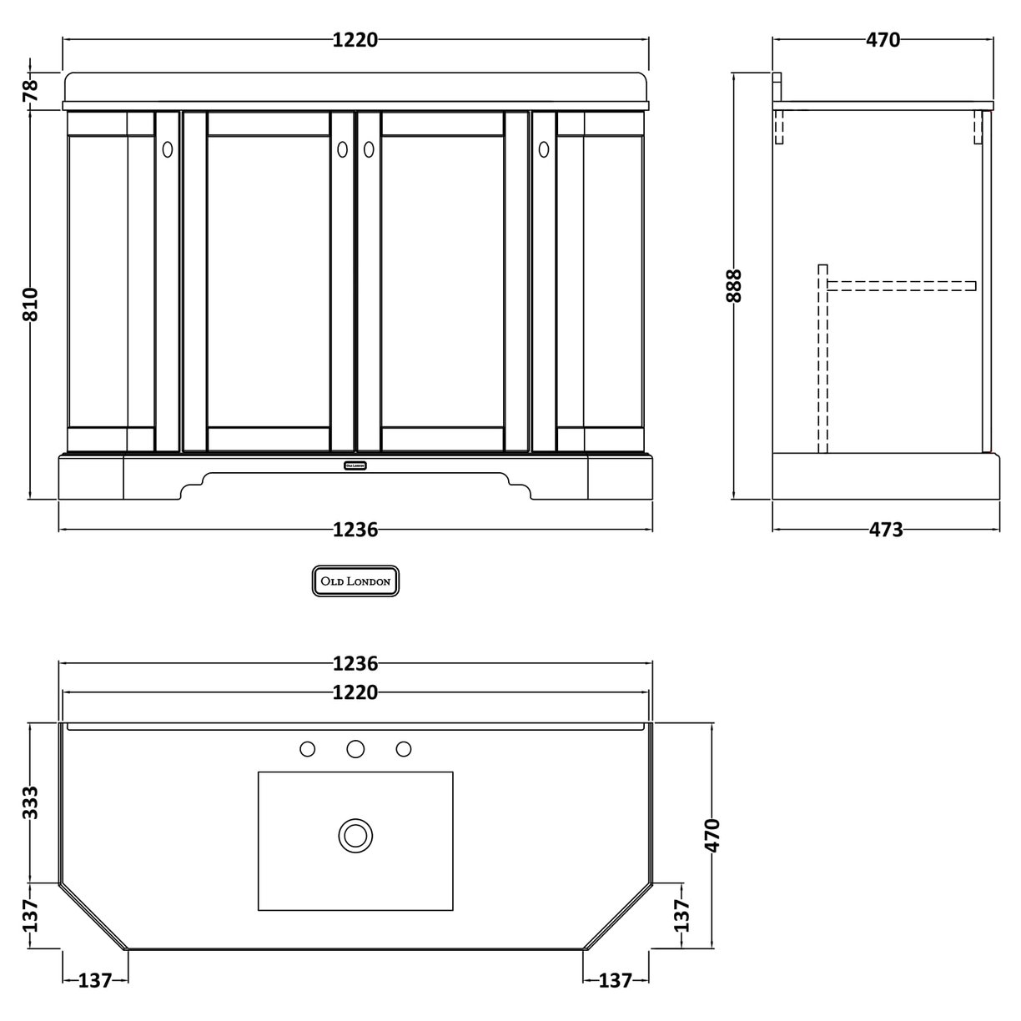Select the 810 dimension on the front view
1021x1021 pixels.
pyautogui.click(x=30, y=305)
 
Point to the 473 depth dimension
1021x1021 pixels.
pyautogui.click(x=886, y=530)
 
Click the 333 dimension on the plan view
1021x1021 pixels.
pyautogui.click(x=30, y=803)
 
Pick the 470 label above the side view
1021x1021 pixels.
pyautogui.click(x=883, y=39)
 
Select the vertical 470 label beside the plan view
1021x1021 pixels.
pyautogui.click(x=712, y=835)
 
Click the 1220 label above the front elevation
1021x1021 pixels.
pyautogui.click(x=355, y=39)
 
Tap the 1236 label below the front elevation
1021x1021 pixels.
pyautogui.click(x=355, y=530)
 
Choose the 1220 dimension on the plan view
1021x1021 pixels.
pyautogui.click(x=355, y=692)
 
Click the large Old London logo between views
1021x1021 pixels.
pyautogui.click(x=356, y=581)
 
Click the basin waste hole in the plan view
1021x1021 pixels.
pyautogui.click(x=355, y=835)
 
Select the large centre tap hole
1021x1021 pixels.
pyautogui.click(x=355, y=749)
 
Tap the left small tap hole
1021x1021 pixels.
pyautogui.click(x=307, y=749)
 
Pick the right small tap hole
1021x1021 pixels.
pyautogui.click(x=404, y=749)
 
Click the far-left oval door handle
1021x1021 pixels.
pyautogui.click(x=167, y=149)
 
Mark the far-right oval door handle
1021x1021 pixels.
pyautogui.click(x=544, y=149)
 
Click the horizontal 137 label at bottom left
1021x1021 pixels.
pyautogui.click(x=95, y=980)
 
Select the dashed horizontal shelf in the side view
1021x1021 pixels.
pyautogui.click(x=901, y=286)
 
